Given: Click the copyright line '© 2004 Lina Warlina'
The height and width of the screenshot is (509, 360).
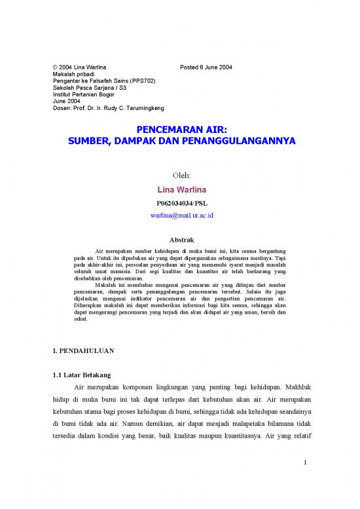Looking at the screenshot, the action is click(x=79, y=67).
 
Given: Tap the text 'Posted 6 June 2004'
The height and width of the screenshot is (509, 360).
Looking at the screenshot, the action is click(x=205, y=67).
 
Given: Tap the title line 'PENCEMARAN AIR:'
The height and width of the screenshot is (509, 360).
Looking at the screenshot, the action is click(x=179, y=130).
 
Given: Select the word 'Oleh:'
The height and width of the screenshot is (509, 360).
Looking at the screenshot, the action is click(x=180, y=176).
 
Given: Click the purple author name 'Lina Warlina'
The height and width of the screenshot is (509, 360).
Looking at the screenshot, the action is click(x=179, y=189).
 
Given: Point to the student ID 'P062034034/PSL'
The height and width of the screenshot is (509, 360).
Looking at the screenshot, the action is click(x=179, y=202).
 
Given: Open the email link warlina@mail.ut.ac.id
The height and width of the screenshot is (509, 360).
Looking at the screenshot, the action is click(x=179, y=215).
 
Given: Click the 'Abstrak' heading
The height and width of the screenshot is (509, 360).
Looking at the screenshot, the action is click(x=179, y=240).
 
